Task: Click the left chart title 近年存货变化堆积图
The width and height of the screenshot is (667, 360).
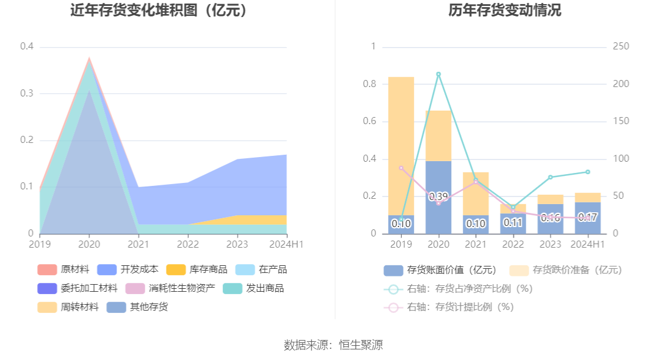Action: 159,11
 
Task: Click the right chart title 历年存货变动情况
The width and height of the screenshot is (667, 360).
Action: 505,11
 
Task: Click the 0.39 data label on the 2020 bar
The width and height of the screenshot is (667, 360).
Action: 438,196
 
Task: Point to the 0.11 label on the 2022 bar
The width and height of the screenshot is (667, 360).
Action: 513,223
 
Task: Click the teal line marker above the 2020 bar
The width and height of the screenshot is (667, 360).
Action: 438,74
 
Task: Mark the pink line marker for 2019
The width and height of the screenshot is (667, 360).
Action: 401,168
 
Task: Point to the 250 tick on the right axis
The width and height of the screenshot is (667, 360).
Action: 621,46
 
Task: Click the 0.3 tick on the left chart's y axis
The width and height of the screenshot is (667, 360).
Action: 26,94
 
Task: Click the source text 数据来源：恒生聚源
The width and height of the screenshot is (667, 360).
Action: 333,345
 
